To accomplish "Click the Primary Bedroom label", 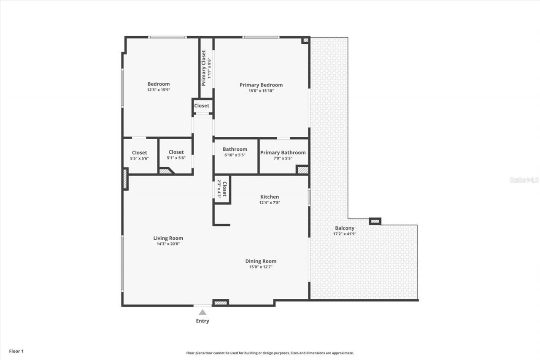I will coord(261,85).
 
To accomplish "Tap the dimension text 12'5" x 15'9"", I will coord(158,90).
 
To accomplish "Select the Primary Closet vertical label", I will coord(203,68).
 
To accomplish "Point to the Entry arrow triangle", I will coord(202,312).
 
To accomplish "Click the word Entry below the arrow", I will coord(202,321).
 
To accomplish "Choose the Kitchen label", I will coord(269,197).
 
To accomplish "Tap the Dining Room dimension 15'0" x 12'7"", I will coord(261,267).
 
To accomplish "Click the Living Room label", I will coord(168,238).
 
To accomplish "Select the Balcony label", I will coord(345,228).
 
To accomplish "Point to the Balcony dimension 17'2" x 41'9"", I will coord(345,234).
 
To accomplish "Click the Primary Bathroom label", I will coord(283,152).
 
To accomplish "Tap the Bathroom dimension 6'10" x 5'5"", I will coord(235,155).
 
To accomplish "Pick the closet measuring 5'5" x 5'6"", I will coord(140,155).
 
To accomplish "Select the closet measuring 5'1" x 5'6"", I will coord(176,155).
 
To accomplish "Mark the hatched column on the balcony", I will coord(375,221).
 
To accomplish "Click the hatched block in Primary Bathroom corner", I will coord(302,170).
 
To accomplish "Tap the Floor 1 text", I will coord(16,351).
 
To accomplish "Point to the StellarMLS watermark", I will coord(524,180).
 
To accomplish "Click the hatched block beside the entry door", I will coord(220,302).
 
